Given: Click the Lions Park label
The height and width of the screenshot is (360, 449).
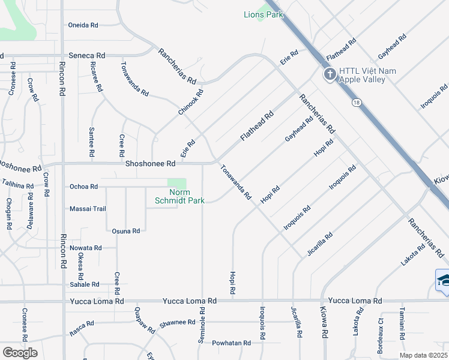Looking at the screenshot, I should pos(263,14).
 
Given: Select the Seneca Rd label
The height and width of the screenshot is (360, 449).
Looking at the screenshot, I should pos(87,55).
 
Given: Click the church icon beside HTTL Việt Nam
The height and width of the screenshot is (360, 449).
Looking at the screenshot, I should pos(329,75).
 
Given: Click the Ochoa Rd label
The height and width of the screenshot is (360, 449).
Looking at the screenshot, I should pos(84,187).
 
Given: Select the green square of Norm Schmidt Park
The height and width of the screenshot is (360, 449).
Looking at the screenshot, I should pos(176,183).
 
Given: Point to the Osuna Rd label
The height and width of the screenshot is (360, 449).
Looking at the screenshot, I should pos(126,230).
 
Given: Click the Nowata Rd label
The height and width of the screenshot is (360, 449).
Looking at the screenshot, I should pos(85,248).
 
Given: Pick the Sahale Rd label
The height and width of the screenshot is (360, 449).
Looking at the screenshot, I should pos(85,284).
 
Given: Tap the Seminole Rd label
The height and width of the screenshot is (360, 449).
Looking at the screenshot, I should pos(201,326).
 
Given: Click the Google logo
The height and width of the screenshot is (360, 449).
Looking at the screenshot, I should pos(20,353).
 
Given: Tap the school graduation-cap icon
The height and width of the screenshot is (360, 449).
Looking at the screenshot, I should pos(443,280).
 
